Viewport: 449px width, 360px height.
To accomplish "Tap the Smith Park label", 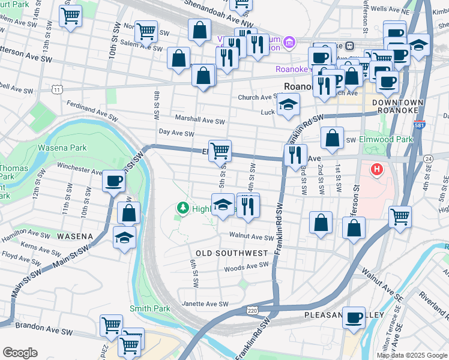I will [150, 308].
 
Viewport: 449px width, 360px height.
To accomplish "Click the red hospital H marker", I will [377, 170].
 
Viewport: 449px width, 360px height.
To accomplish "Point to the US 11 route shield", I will [56, 89].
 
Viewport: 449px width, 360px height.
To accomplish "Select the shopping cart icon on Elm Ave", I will [221, 150].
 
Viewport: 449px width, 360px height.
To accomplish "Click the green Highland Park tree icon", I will [182, 208].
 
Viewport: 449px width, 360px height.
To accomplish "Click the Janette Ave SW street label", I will [205, 304].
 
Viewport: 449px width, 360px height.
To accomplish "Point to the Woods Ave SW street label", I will [247, 265].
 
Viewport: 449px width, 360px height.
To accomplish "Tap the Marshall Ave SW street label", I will [199, 119].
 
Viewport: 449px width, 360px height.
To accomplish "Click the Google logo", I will [20, 353].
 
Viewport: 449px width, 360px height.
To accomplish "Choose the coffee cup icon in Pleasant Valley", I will [354, 317].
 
